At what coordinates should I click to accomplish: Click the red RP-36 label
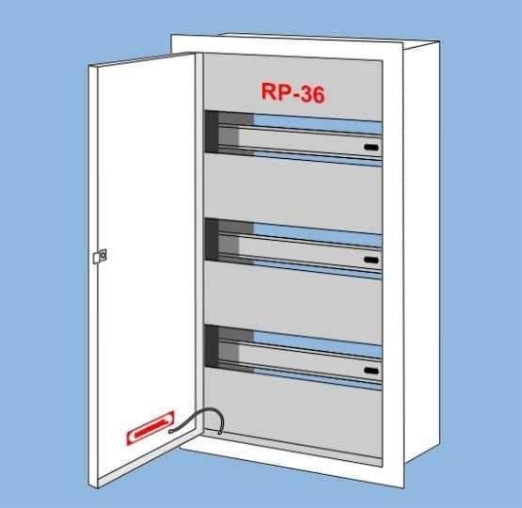(x=293, y=93)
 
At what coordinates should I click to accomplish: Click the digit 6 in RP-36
(x=317, y=94)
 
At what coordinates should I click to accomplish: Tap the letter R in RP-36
(x=268, y=91)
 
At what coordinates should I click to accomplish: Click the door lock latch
(x=100, y=256)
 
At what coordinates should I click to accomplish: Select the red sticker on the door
(x=150, y=428)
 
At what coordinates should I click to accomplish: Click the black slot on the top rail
(x=372, y=147)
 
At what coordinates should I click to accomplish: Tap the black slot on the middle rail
(x=372, y=260)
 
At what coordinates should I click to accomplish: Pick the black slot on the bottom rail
(x=372, y=371)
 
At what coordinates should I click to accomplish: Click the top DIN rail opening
(x=293, y=138)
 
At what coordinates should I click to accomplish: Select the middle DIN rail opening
(x=293, y=248)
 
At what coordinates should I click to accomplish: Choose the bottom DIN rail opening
(x=293, y=357)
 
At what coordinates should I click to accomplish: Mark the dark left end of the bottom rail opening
(x=212, y=346)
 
